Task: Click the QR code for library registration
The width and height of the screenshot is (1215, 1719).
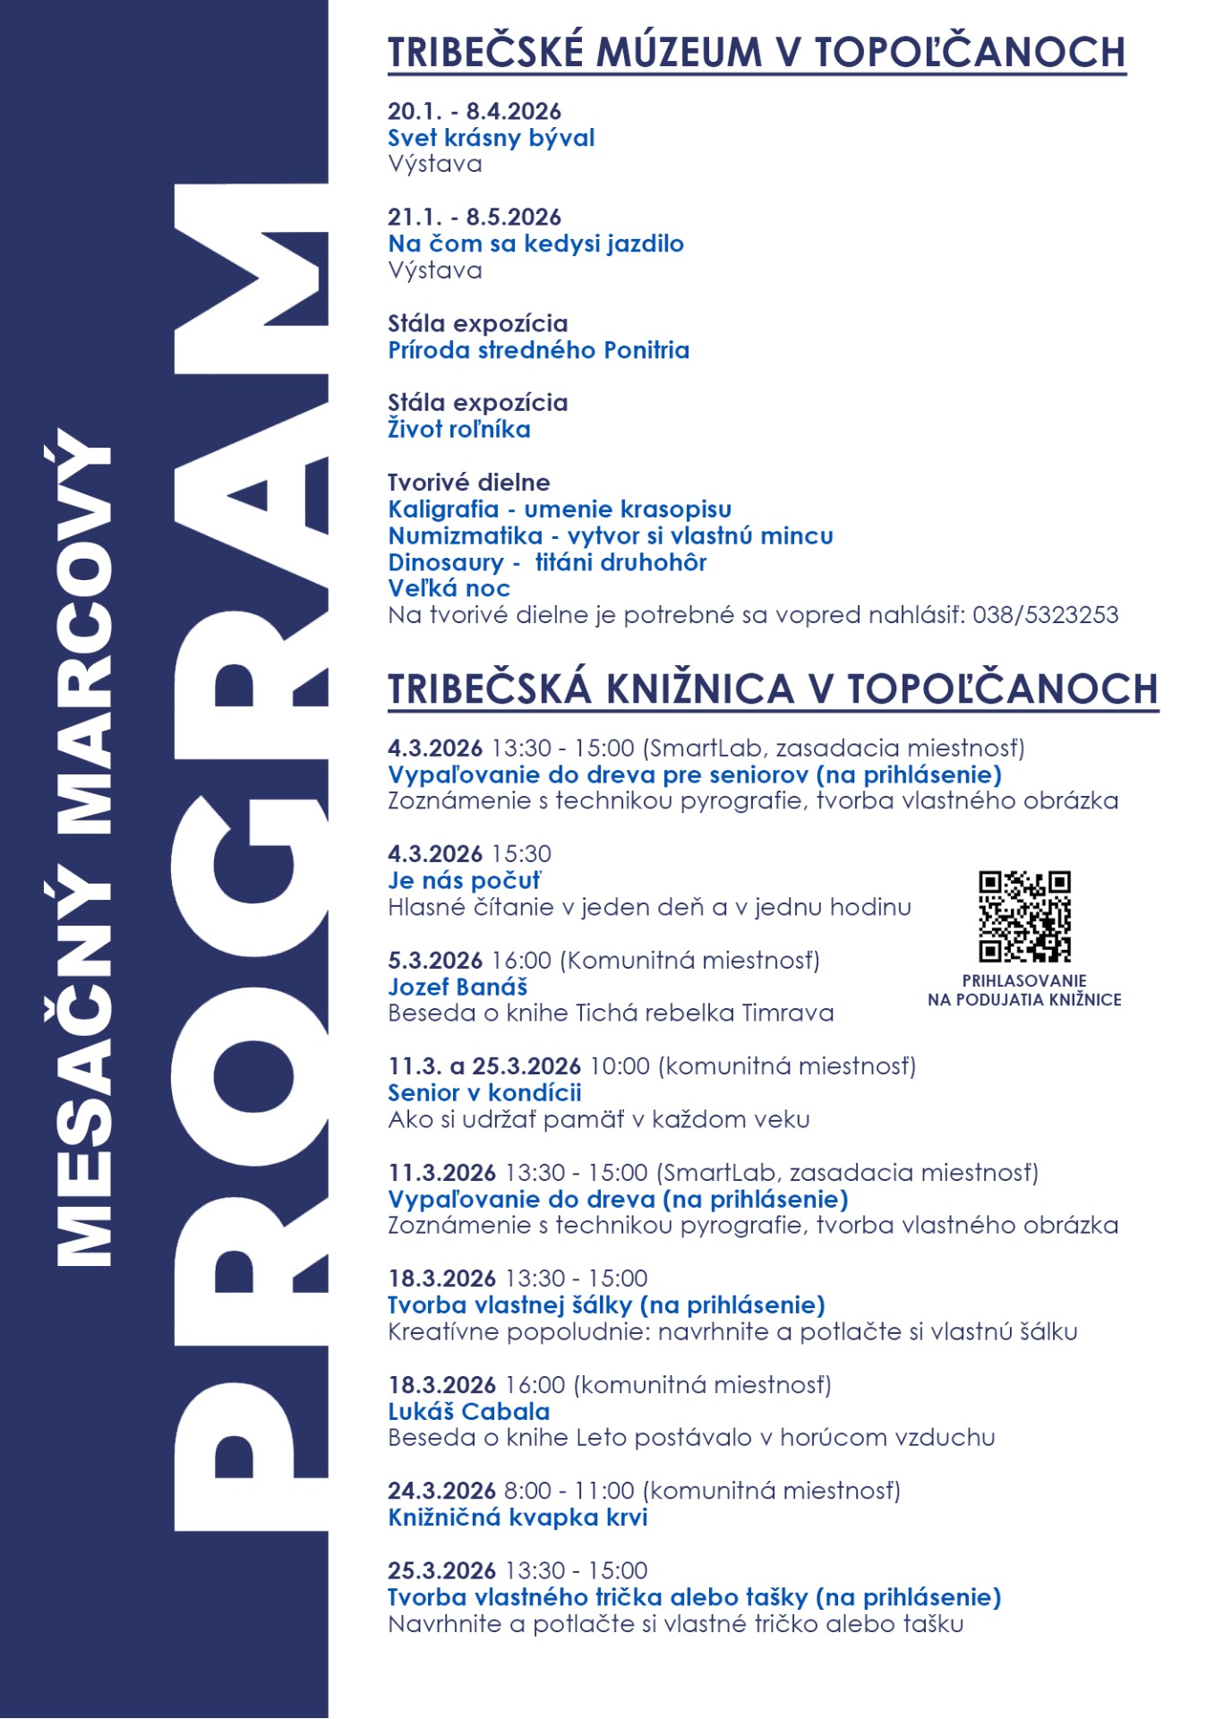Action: coord(1024,917)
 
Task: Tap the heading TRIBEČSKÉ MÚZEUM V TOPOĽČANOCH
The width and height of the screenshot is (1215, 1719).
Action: coord(756,52)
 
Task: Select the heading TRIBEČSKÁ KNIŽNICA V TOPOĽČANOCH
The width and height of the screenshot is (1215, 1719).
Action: coord(773,689)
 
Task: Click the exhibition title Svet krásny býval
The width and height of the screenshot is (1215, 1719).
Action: coord(491,138)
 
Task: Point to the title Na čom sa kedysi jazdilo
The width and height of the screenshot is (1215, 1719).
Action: coord(535,244)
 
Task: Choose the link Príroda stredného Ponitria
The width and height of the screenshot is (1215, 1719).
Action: coord(538,350)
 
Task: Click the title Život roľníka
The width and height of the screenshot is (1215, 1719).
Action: coord(458,430)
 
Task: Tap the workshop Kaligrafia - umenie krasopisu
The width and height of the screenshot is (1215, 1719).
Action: coord(560,509)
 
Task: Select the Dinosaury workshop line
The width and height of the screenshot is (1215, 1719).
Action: coord(547,562)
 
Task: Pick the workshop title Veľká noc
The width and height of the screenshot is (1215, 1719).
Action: coord(449,588)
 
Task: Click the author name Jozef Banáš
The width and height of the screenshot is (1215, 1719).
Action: coord(458,987)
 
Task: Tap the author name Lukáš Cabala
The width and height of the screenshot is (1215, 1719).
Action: coord(468,1412)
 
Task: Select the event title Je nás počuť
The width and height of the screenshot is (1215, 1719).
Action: coord(464,881)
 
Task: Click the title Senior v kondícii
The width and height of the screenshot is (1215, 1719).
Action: coord(484,1093)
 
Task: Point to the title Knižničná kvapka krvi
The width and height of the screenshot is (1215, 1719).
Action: coord(518,1518)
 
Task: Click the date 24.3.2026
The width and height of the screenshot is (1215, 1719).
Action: coord(441,1491)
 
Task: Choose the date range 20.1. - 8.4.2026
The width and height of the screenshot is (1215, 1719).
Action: coord(474,111)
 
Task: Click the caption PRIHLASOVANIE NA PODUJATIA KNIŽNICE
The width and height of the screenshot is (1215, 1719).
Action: coord(1024,990)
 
